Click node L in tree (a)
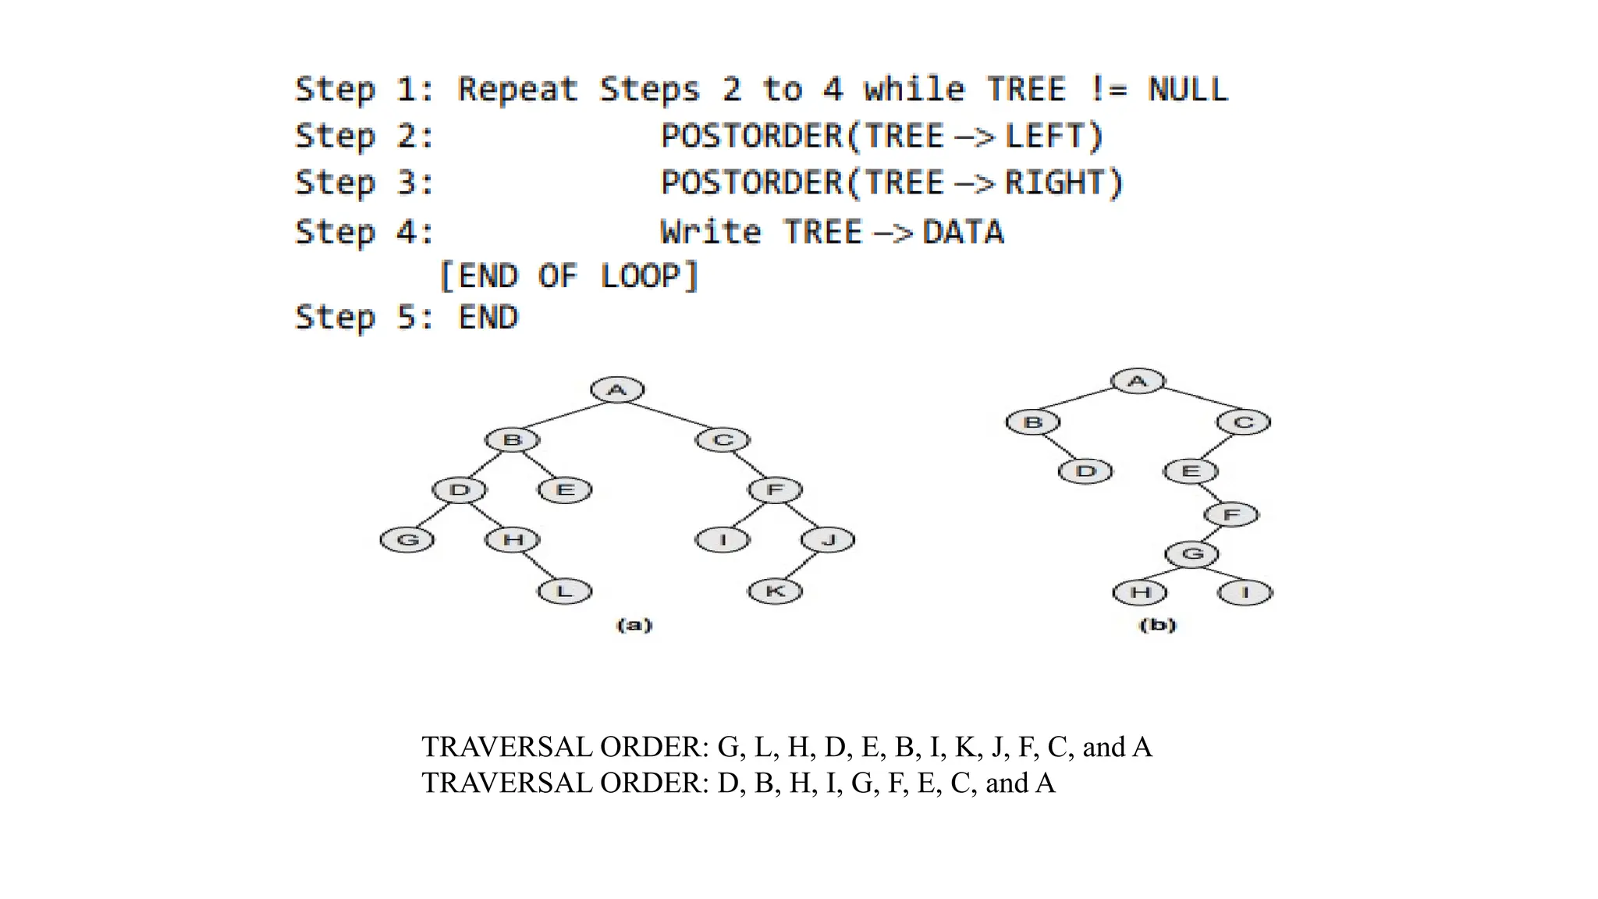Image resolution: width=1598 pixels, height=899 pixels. coord(565,591)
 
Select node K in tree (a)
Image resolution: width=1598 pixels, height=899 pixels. coord(775,591)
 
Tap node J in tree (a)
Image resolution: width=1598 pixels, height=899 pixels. coord(828,539)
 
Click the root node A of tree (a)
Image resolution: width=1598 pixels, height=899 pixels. coord(617,390)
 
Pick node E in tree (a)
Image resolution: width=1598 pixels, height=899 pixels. coord(565,490)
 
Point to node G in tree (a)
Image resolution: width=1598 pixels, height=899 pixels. coord(407,539)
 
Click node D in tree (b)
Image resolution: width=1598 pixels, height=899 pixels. coord(1085,471)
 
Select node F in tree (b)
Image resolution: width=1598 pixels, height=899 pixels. coord(1231,515)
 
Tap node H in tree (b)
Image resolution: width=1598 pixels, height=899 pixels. coord(1140,592)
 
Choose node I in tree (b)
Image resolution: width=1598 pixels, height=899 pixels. coord(1245,592)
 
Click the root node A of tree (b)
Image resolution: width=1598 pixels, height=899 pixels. coord(1138,381)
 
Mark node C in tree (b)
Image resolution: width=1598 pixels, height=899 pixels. coord(1243,422)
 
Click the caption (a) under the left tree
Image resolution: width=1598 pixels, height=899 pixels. coord(634,625)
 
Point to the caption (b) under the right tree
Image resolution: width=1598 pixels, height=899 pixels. coord(1158,625)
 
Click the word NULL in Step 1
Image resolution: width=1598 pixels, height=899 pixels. coord(1188,90)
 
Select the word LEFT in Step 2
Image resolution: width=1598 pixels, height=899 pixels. coord(1044,137)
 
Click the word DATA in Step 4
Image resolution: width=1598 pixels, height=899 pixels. coord(963,233)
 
